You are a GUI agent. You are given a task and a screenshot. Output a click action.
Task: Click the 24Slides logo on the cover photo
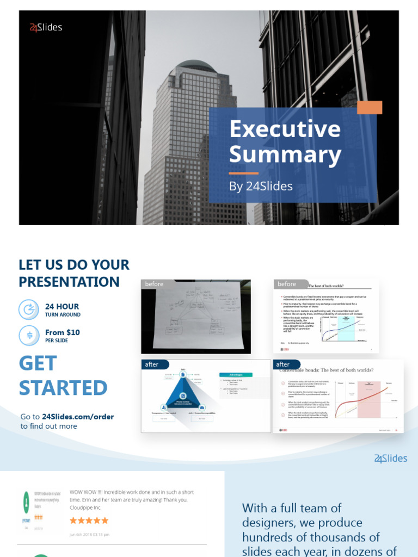(x=46, y=27)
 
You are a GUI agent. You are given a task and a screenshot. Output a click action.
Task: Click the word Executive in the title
(x=285, y=129)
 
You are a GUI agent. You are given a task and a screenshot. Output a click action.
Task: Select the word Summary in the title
(x=285, y=154)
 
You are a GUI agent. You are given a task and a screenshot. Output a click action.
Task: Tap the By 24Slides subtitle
(x=261, y=186)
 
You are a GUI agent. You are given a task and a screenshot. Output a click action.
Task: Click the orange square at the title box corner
(x=369, y=107)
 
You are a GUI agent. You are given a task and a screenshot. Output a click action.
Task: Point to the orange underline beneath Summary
(x=243, y=173)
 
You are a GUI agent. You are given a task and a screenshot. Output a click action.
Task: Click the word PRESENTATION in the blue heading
(x=69, y=282)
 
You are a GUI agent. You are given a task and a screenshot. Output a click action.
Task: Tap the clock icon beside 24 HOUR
(x=28, y=310)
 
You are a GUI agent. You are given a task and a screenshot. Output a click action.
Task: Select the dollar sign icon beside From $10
(x=28, y=335)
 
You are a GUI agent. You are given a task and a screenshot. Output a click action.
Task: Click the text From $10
(x=63, y=332)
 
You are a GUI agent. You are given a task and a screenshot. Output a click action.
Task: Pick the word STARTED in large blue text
(x=63, y=388)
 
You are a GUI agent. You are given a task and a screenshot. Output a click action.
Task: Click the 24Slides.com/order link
(x=78, y=417)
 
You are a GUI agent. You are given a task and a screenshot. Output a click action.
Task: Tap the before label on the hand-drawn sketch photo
(x=154, y=284)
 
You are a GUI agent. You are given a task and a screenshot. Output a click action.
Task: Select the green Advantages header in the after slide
(x=236, y=375)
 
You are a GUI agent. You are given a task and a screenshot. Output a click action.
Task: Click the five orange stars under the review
(x=89, y=521)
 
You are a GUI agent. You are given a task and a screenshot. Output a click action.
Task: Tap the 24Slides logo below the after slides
(x=391, y=459)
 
